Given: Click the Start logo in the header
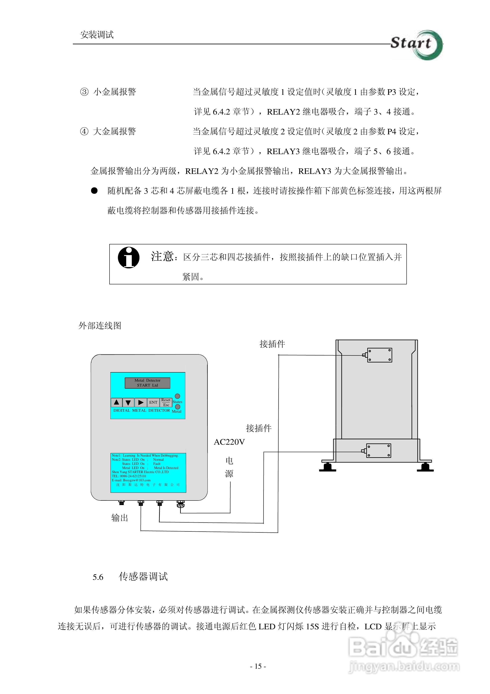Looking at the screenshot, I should point(416,45).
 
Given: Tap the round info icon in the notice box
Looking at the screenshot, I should point(129,258).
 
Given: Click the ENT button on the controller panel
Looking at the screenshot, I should point(153,402).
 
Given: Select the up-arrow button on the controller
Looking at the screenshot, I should point(116,402).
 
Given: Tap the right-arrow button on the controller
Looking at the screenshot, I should point(140,402).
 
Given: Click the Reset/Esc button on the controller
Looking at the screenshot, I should point(166,402).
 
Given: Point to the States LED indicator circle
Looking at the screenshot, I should point(178,396).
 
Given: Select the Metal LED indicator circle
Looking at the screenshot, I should point(178,407).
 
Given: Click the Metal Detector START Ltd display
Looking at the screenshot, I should point(147,383).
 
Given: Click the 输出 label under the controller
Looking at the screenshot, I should point(120,518).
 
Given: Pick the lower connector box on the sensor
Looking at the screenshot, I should point(379,451).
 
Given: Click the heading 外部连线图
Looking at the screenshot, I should point(100,326).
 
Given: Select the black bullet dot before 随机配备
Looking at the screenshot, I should point(94,191).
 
